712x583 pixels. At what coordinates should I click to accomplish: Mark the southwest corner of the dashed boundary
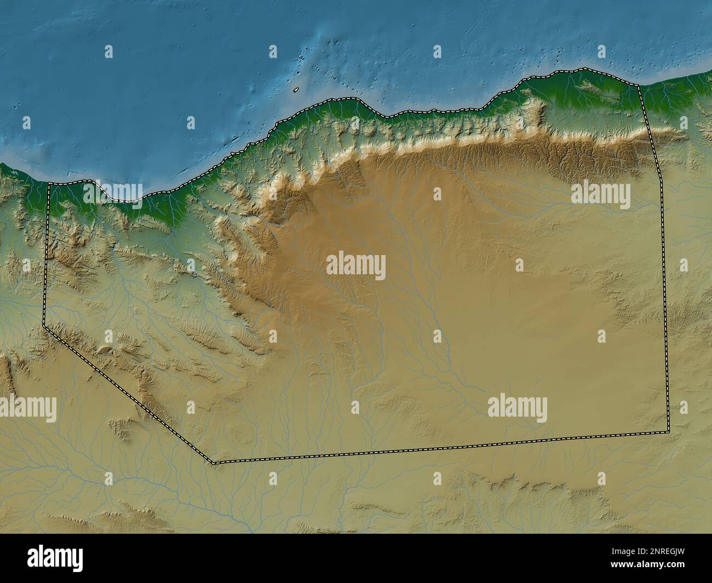click(x=214, y=463)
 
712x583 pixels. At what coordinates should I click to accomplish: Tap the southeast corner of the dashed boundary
click(x=669, y=431)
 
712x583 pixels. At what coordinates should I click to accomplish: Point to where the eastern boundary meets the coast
click(x=639, y=85)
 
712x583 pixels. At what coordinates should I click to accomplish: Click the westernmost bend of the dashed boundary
click(x=44, y=326)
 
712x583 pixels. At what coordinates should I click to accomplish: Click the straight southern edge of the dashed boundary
click(x=438, y=448)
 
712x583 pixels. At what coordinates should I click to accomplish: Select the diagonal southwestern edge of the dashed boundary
click(x=129, y=394)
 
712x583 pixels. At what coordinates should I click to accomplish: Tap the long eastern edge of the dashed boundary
click(x=664, y=274)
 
